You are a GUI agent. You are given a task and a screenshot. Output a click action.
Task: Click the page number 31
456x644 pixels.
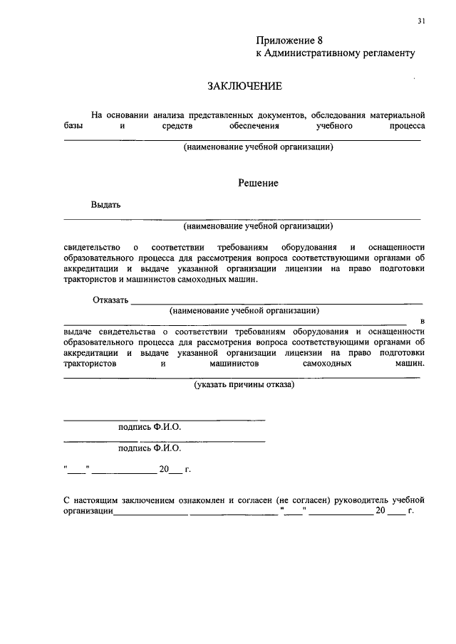pos(422,21)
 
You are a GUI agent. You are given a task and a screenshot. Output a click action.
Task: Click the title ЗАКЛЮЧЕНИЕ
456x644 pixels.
pos(244,86)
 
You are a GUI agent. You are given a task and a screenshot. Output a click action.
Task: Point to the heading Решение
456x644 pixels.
pos(257,183)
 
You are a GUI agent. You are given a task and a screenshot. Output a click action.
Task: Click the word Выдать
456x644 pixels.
pos(105,205)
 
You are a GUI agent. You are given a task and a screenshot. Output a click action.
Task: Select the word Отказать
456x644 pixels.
pos(110,300)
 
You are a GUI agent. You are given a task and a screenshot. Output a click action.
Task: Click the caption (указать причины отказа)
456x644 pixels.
pos(244,385)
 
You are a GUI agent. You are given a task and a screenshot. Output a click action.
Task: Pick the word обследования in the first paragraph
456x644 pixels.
pos(339,115)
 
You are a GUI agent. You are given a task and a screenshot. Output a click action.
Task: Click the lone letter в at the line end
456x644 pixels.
pos(423,322)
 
